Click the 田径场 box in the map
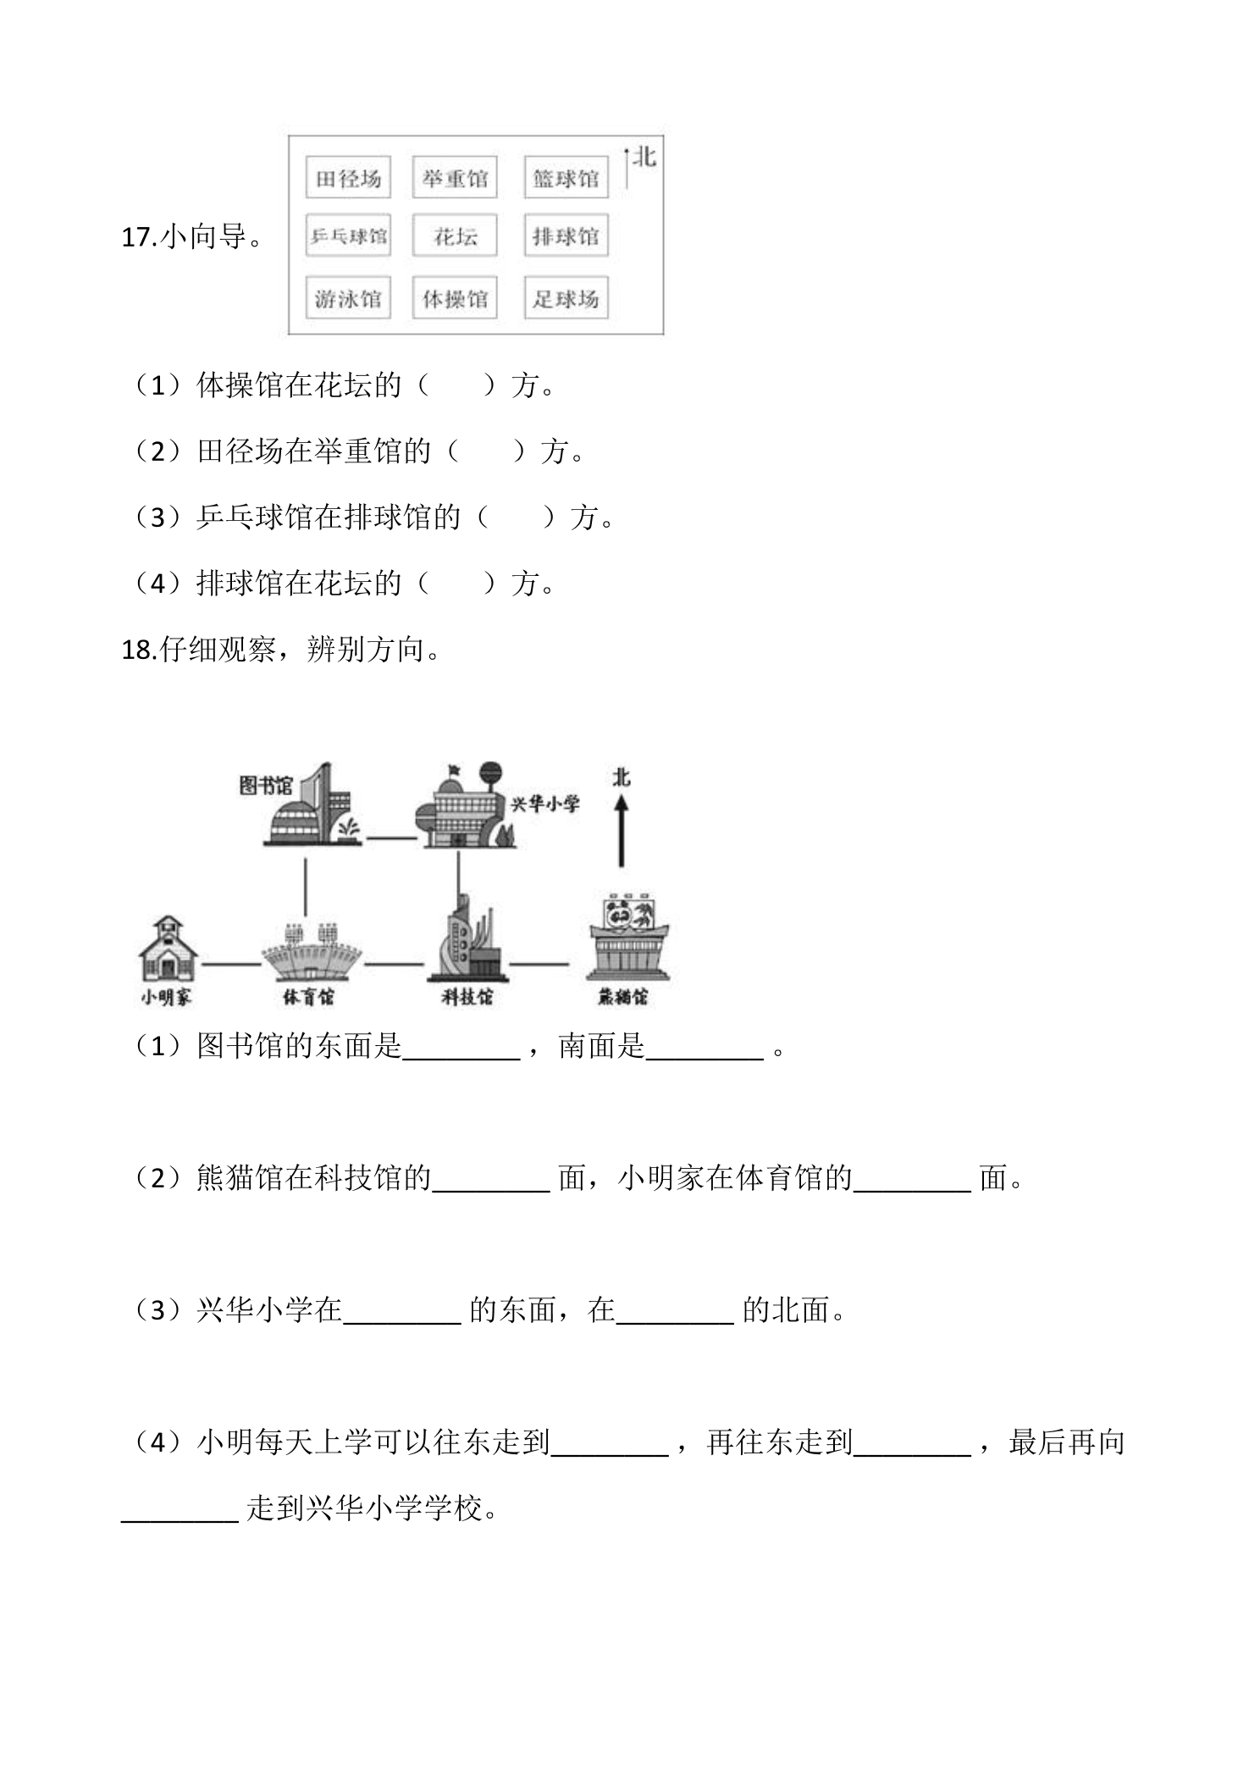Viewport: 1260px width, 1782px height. coord(348,178)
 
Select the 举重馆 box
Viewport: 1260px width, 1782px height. coord(455,178)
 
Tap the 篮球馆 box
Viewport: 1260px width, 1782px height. coord(566,178)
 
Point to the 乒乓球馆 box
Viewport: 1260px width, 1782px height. coord(348,235)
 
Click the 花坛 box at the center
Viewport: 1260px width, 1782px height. coord(455,235)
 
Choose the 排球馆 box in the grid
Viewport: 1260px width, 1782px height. coord(566,235)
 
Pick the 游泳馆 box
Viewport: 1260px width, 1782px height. coord(348,298)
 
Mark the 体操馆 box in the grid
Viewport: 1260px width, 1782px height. coord(455,298)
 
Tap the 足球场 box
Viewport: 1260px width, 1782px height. coord(566,298)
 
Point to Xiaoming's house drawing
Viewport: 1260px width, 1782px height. coord(168,948)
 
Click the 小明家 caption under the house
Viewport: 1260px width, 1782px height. coord(166,998)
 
